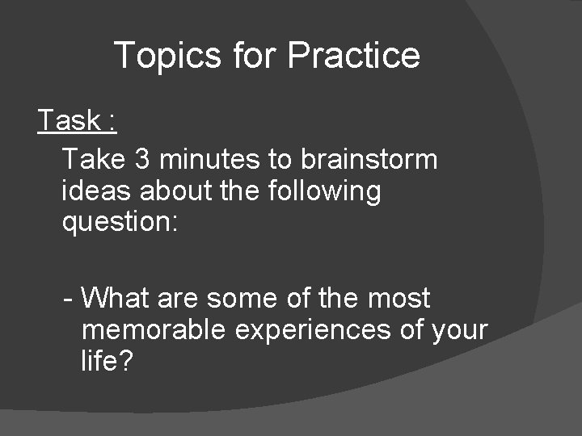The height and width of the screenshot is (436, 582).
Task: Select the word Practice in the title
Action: tap(353, 56)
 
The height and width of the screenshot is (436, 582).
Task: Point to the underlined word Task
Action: tap(69, 121)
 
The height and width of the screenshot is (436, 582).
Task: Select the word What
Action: tap(115, 298)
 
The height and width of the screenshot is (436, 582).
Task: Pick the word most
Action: tap(399, 298)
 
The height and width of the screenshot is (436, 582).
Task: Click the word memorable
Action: tap(156, 330)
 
